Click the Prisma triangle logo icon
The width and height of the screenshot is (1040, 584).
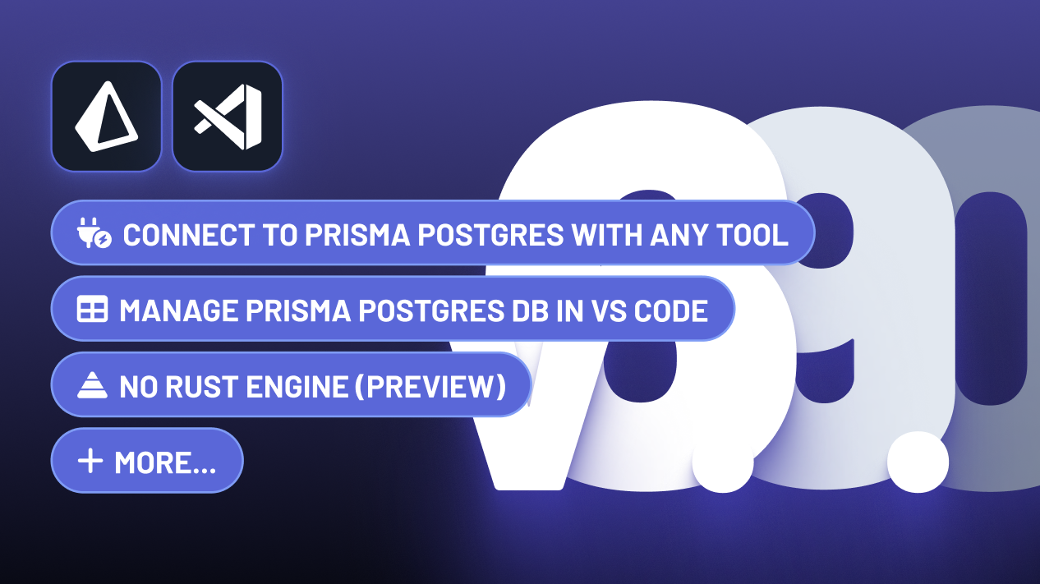(106, 117)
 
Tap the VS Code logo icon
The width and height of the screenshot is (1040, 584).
(228, 117)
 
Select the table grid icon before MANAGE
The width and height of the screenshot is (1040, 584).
(92, 310)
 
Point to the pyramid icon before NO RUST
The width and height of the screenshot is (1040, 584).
(92, 386)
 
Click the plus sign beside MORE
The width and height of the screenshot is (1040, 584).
(90, 462)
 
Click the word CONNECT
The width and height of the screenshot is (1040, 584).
(188, 235)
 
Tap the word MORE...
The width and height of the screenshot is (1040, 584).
(164, 462)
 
